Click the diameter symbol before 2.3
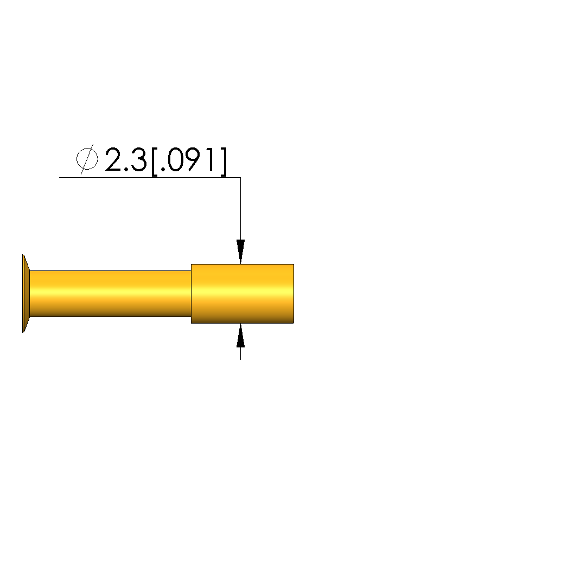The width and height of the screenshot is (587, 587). (87, 159)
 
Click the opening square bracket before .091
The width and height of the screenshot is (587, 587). (154, 162)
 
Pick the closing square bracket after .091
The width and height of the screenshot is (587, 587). (224, 162)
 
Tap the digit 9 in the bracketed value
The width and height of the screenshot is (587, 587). (195, 159)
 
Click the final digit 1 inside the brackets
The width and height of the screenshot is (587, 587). (212, 159)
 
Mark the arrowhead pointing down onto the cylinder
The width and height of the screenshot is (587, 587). (240, 251)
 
